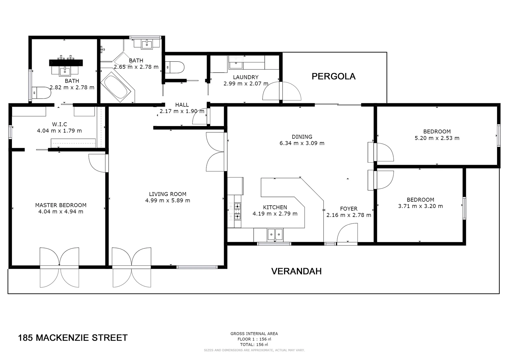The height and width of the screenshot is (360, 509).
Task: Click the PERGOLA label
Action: coord(333,76)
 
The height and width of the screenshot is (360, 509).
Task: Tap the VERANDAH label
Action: coord(296,271)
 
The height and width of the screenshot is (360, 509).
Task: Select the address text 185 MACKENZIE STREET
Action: coord(73,338)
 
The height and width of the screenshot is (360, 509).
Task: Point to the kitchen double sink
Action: coord(275,234)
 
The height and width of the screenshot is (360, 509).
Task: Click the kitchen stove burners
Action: coord(237,211)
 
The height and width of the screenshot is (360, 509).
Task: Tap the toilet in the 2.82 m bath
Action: coord(40,93)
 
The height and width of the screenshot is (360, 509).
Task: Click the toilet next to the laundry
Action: coord(175,67)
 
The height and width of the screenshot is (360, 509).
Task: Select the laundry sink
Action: coord(236,62)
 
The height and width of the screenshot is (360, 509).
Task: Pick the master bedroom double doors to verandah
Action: coord(59,267)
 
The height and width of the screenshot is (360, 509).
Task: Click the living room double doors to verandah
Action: coord(132,267)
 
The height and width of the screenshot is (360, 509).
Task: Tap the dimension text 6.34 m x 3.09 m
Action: coord(302,143)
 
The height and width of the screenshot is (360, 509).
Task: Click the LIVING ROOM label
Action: coord(168,194)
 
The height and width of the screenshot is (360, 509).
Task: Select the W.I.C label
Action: coord(59,124)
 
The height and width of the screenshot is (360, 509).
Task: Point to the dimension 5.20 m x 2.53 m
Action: coord(437,138)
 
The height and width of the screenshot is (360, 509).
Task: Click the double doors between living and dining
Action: coord(215,152)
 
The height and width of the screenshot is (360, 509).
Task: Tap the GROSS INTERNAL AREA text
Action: coord(254,334)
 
